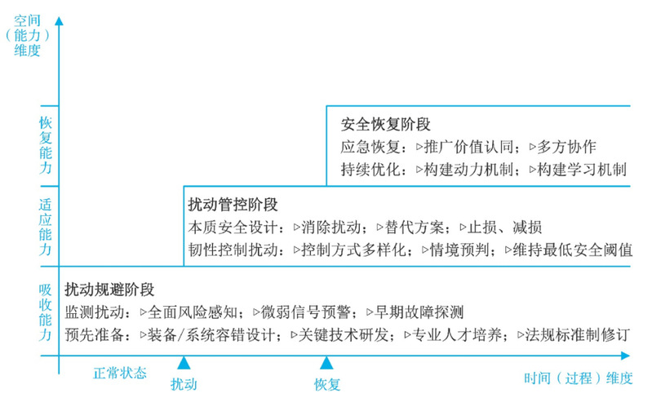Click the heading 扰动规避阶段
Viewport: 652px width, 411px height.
pos(109,289)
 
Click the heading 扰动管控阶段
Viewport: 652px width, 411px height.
pos(233,205)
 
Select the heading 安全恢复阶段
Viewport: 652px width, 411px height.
pos(385,124)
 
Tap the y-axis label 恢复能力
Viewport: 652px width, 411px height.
pos(46,145)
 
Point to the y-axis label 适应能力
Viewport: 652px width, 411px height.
pos(46,227)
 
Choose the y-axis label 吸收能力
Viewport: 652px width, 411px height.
pos(46,312)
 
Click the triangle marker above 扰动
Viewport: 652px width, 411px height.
pos(184,363)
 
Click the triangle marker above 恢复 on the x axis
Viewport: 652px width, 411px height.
pos(326,363)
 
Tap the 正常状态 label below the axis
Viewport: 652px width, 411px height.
pos(120,373)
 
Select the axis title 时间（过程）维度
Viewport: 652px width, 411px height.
pos(578,378)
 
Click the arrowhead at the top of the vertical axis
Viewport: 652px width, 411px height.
pos(59,20)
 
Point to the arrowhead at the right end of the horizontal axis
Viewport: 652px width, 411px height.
pos(625,356)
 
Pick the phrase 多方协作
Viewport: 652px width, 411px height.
pos(567,147)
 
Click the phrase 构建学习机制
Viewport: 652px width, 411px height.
pos(582,169)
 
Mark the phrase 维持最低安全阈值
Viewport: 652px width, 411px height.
pos(573,250)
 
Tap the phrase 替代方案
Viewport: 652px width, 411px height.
pos(415,228)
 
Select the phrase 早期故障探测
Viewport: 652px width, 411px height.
pos(419,312)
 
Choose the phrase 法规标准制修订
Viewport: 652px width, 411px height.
pos(578,334)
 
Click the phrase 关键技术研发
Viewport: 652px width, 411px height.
pos(344,334)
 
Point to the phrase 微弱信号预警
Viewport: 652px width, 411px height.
pos(306,312)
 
